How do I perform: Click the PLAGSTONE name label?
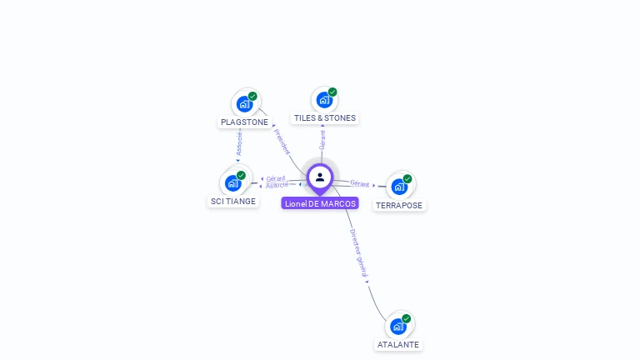point(244,122)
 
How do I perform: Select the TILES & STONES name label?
point(325,118)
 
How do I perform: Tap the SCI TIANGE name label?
point(233,201)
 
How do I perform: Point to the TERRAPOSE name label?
point(399,205)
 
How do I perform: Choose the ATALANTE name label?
point(398,344)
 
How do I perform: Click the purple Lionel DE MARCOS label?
point(320,203)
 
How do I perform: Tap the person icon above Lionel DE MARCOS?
point(320,177)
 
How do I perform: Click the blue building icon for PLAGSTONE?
point(243,104)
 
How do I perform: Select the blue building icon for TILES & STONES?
point(323,100)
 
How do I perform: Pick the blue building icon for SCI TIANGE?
point(232,183)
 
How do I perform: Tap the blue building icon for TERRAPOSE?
point(398,187)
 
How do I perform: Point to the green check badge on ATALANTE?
point(407,318)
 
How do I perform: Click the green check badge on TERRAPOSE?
point(407,178)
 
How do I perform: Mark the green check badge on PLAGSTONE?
point(252,96)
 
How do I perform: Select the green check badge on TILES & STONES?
point(332,92)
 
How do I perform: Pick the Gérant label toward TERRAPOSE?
point(360,183)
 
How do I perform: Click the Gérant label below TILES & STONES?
point(322,140)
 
